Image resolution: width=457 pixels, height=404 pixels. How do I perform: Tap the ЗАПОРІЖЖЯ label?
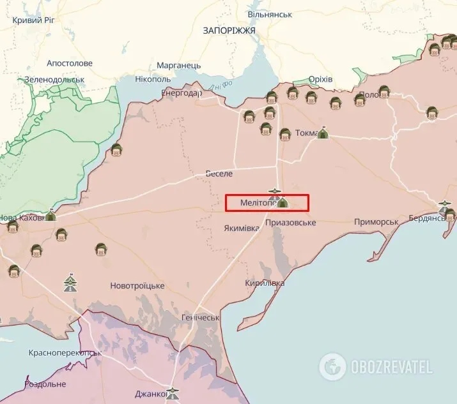click(x=229, y=30)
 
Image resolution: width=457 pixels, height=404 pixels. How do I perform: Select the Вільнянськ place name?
click(x=270, y=13)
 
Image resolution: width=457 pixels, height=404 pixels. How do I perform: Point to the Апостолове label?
click(x=70, y=64)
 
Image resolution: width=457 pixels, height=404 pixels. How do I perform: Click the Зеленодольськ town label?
click(x=54, y=80)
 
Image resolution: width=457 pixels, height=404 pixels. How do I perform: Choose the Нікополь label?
click(x=153, y=79)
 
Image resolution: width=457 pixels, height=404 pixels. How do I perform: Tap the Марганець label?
click(x=179, y=65)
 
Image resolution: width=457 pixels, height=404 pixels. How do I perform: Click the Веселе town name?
click(x=219, y=174)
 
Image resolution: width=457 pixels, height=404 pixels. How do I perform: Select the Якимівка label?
click(x=242, y=228)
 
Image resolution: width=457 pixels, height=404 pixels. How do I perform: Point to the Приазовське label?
click(x=291, y=222)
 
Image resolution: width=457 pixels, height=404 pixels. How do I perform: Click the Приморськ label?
click(x=376, y=222)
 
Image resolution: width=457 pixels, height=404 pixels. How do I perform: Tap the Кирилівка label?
click(x=264, y=283)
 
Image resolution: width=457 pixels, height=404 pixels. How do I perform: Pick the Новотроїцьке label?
click(x=137, y=285)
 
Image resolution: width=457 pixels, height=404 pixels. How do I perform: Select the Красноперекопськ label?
click(x=65, y=352)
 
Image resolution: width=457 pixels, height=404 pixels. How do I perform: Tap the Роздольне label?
click(x=45, y=384)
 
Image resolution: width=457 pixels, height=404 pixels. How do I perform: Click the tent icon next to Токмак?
click(x=323, y=133)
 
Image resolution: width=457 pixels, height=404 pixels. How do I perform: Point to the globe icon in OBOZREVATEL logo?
click(x=332, y=366)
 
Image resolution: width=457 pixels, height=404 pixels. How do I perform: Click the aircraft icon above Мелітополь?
click(x=275, y=191)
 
